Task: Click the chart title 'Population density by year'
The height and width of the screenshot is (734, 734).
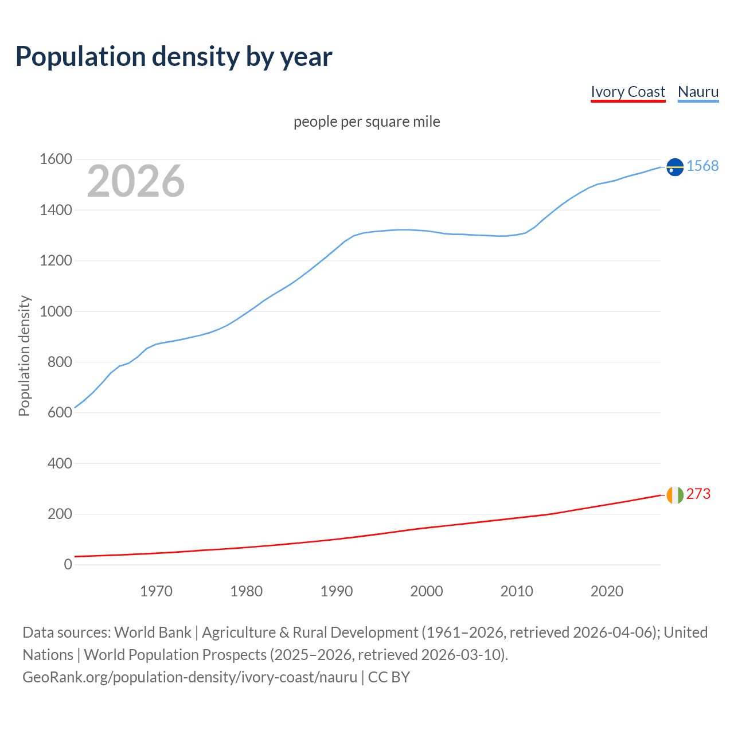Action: click(174, 57)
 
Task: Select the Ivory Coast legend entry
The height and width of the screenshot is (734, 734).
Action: click(628, 92)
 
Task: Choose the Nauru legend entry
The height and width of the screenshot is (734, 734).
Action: click(698, 92)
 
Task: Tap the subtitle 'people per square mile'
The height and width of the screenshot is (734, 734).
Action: click(366, 122)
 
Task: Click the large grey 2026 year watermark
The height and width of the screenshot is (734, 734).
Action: click(136, 181)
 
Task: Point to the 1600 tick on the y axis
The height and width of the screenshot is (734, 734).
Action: click(56, 159)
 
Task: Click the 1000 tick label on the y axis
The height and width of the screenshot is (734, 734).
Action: click(56, 311)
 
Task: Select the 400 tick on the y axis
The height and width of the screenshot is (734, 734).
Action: click(60, 463)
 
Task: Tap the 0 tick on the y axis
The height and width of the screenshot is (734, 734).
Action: click(68, 564)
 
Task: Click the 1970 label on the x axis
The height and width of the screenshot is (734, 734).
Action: click(156, 591)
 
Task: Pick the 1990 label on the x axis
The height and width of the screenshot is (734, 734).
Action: click(337, 591)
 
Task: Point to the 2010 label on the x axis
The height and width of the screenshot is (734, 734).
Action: click(517, 591)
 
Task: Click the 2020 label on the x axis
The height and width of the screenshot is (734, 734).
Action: click(607, 591)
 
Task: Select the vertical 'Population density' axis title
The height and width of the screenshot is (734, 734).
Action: click(24, 356)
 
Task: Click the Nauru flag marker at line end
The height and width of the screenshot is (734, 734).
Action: click(675, 167)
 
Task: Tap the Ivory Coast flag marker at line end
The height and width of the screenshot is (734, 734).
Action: click(675, 495)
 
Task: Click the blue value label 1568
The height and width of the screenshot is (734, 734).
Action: click(702, 166)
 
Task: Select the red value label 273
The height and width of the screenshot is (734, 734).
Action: click(698, 494)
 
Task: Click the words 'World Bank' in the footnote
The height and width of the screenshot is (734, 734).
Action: click(153, 633)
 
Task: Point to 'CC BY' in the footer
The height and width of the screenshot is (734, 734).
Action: click(389, 677)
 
